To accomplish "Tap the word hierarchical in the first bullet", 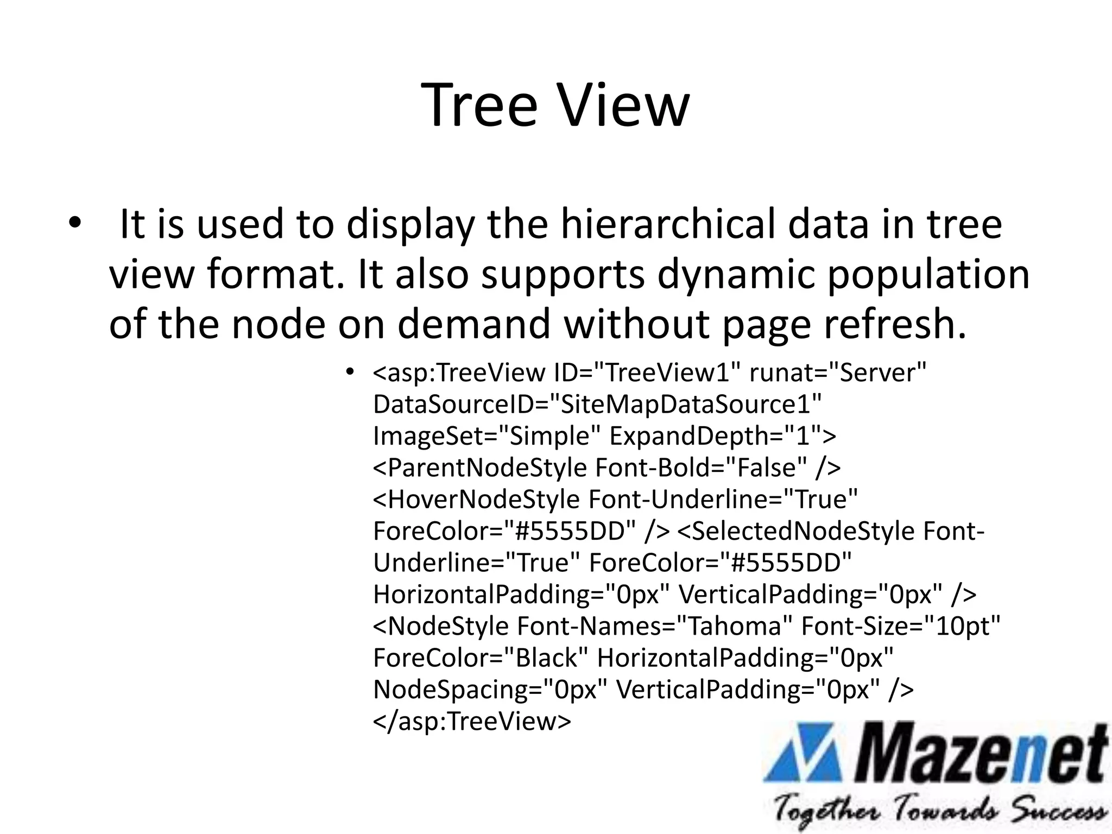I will tap(668, 224).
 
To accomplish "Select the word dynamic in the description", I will tap(736, 274).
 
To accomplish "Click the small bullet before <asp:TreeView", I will tap(350, 372).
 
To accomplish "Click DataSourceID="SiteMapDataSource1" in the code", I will tap(597, 405).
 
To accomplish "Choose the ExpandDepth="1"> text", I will tap(723, 436).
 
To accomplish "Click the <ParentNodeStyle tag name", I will tap(480, 467).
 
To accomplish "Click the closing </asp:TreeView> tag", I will tap(472, 721).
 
